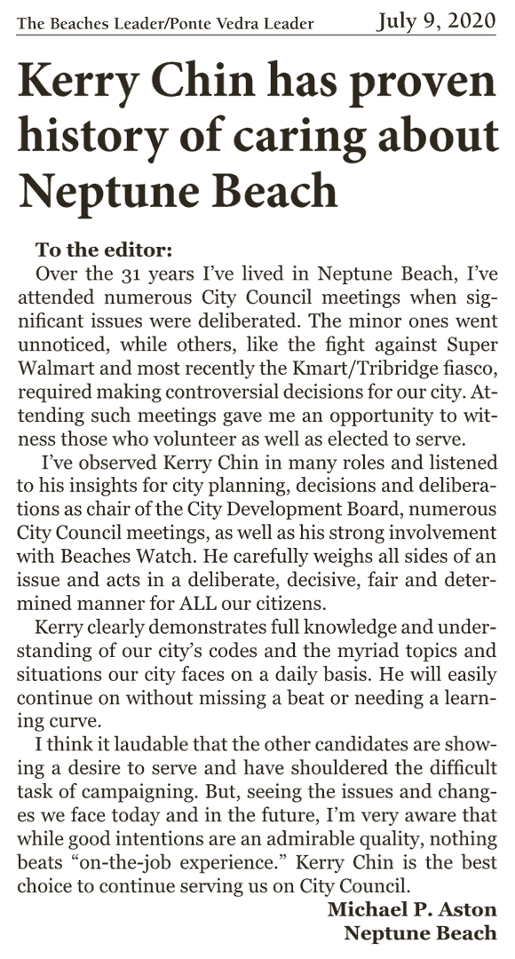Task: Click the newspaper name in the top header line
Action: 166,23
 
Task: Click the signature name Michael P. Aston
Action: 412,909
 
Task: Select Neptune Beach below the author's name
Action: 420,933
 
